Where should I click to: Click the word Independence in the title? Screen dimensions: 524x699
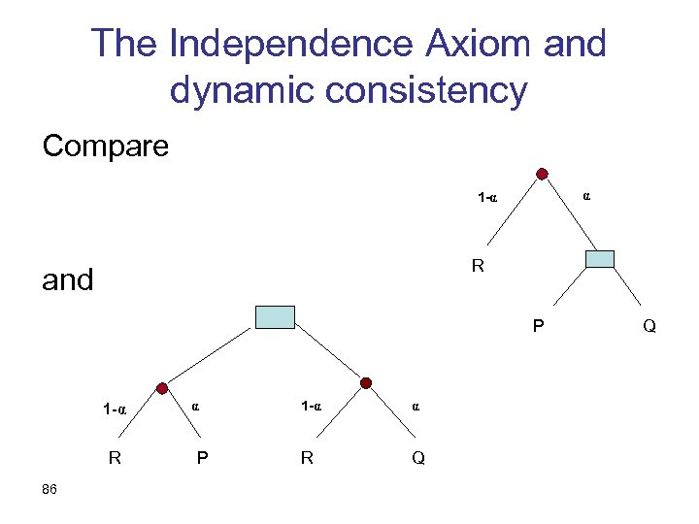(288, 45)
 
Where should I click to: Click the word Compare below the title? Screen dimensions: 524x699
(105, 147)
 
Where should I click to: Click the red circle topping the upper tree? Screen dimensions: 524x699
(542, 175)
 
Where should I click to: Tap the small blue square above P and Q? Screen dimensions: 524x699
(600, 258)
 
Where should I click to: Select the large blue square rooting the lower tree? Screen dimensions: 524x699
(274, 316)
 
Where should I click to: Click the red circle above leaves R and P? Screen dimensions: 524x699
(162, 386)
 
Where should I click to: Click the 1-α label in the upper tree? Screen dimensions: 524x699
(487, 199)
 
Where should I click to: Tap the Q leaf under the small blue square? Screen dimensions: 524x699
(649, 327)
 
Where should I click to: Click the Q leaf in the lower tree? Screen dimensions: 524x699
(417, 459)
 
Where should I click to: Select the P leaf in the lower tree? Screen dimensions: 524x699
(202, 459)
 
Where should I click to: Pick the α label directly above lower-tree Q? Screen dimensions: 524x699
(416, 407)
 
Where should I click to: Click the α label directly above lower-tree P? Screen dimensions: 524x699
(195, 407)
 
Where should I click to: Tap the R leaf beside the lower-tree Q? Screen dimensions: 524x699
(307, 459)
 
